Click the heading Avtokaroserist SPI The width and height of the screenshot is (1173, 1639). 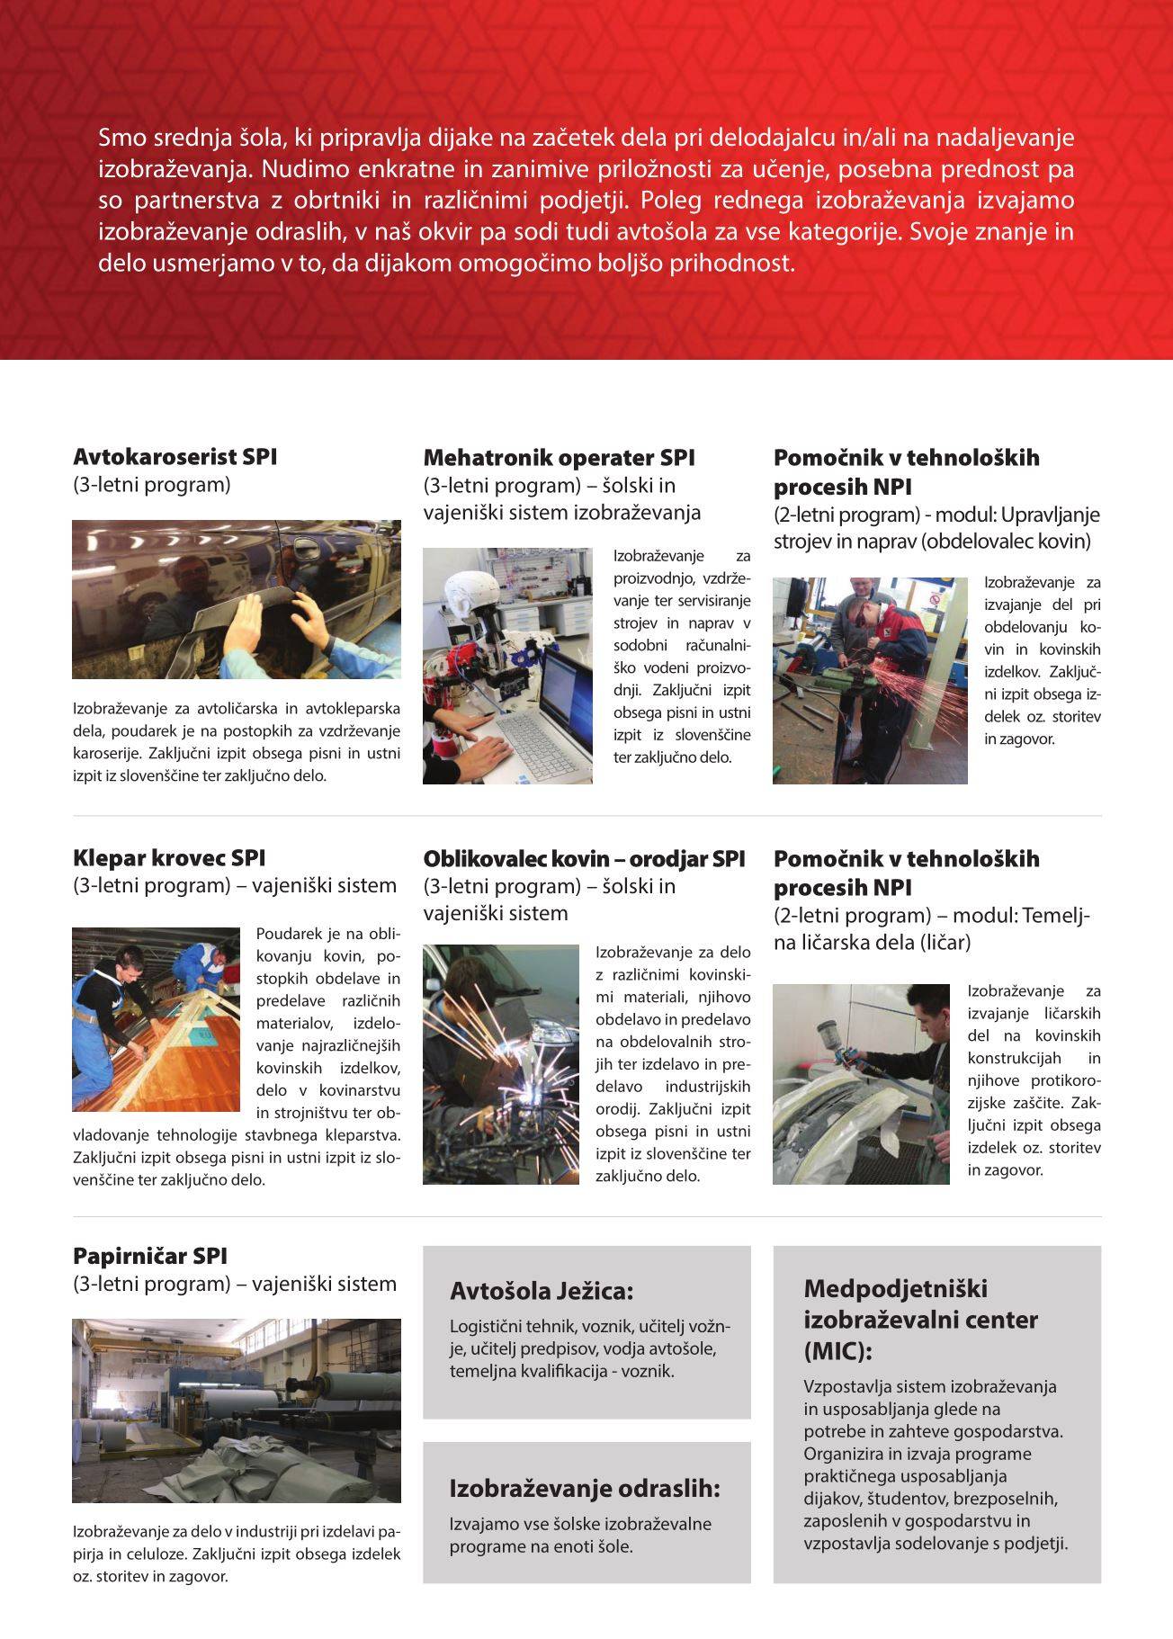175,457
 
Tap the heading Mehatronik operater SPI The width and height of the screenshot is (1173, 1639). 559,458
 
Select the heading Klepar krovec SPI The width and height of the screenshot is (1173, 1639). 169,858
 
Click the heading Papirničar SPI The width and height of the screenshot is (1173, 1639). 150,1256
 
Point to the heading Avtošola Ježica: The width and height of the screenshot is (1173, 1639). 542,1292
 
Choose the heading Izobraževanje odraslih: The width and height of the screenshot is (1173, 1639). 585,1489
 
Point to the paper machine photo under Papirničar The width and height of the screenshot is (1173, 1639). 237,1411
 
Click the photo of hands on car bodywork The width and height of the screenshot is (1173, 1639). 237,599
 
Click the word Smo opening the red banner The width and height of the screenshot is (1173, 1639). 117,138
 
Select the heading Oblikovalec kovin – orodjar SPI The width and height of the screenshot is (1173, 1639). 584,859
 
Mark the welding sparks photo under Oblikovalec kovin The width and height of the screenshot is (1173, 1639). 501,1064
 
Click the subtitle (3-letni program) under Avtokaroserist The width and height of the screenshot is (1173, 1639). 151,485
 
